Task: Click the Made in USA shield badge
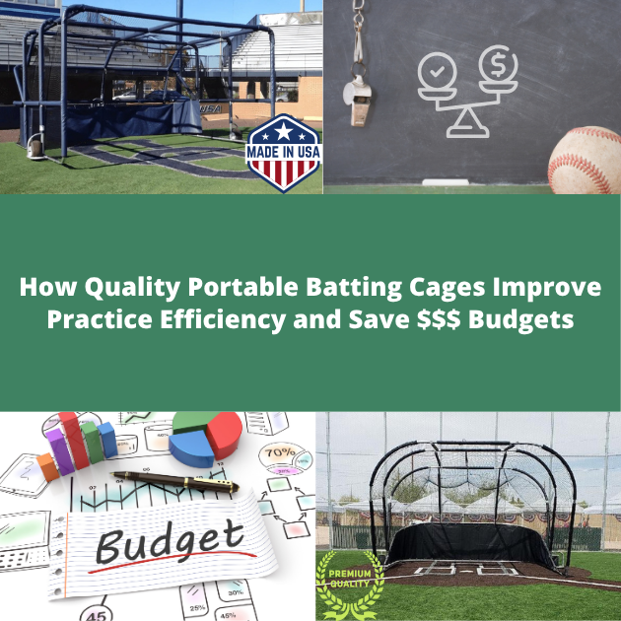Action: [x=283, y=153]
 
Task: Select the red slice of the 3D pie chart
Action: [x=225, y=431]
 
